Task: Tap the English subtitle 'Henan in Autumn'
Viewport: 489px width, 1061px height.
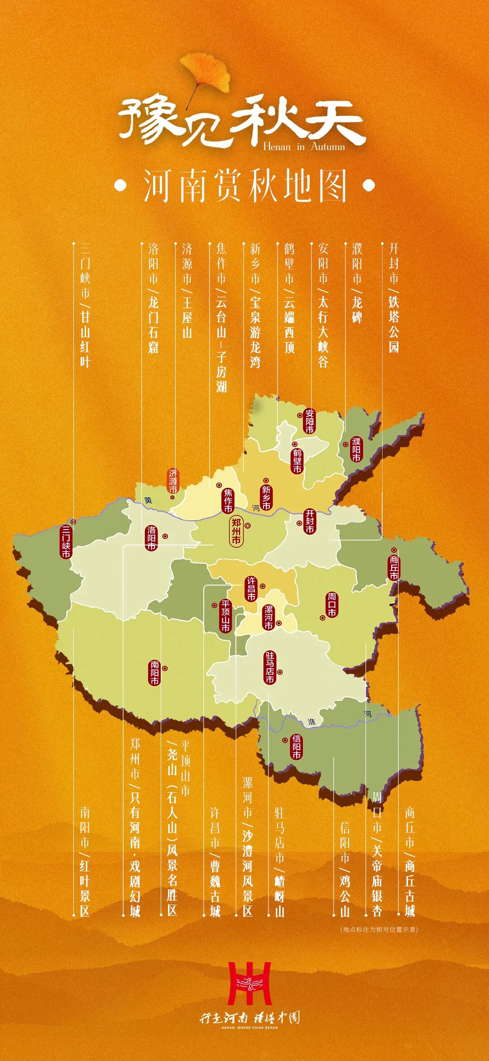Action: point(304,146)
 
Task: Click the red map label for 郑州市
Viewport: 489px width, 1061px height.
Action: point(236,530)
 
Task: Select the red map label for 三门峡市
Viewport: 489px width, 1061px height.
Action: point(66,542)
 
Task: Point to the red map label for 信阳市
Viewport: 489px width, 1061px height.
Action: point(296,747)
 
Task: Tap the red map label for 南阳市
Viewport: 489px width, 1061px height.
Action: point(155,673)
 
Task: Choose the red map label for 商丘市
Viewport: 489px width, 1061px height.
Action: point(394,568)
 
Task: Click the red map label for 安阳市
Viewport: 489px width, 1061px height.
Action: point(310,421)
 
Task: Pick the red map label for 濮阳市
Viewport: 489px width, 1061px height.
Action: point(357,449)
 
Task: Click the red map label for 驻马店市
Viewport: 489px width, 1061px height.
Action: point(270,667)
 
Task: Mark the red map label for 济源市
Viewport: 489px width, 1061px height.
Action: point(173,482)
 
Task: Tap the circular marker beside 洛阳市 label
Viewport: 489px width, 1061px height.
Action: point(165,536)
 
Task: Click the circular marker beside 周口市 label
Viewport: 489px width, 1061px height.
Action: point(323,617)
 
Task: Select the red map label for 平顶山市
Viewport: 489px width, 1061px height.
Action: point(225,616)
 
